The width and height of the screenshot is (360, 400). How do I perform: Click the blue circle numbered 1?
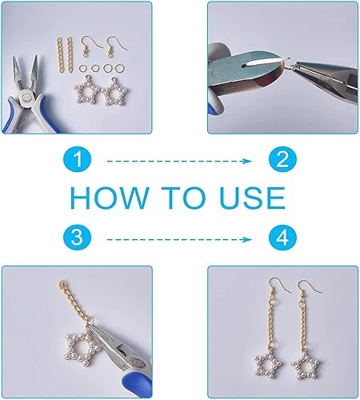(x=78, y=159)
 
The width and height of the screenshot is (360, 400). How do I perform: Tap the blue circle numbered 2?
(x=282, y=159)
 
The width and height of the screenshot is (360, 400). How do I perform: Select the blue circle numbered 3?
(x=78, y=238)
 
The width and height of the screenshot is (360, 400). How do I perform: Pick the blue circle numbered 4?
(x=282, y=238)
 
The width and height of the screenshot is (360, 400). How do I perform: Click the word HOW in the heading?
(x=109, y=198)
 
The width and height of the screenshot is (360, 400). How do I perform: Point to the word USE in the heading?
(x=252, y=198)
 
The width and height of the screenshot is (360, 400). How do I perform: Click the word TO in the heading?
(x=183, y=198)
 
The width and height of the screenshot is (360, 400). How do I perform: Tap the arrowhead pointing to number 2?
(x=247, y=161)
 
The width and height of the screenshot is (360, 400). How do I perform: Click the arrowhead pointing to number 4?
(x=247, y=239)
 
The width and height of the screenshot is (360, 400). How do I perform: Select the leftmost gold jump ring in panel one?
(x=82, y=68)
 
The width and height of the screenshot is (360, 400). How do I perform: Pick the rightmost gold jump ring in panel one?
(x=120, y=68)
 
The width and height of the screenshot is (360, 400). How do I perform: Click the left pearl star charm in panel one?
(x=86, y=90)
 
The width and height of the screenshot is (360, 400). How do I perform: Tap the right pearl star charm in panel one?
(x=114, y=91)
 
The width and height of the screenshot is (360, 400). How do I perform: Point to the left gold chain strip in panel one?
(x=59, y=56)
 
